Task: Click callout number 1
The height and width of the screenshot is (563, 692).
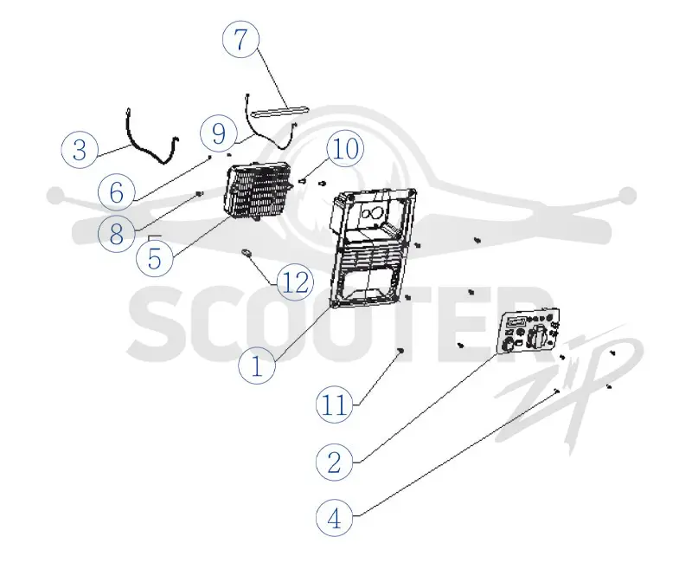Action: pos(257,366)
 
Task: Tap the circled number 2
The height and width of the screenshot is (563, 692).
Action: pos(335,463)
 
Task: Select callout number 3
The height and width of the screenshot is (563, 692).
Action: pos(80,149)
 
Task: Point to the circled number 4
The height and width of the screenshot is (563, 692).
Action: pos(335,518)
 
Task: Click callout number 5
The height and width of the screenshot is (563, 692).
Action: pos(155,258)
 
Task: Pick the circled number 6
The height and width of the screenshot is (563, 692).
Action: pos(117,192)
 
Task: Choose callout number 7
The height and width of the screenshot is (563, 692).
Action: pos(240,39)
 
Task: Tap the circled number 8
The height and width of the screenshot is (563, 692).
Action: pos(117,233)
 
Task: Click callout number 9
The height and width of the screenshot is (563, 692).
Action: pos(219,133)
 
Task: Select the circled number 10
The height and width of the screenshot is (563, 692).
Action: pos(345,148)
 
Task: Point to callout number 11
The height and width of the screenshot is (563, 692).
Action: pos(335,404)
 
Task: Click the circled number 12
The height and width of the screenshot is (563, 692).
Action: pos(296,282)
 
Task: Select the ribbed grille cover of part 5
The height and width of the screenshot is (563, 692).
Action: pos(259,191)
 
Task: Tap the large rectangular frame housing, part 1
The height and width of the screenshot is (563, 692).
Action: pos(374,249)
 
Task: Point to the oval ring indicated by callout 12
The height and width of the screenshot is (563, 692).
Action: pos(247,252)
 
